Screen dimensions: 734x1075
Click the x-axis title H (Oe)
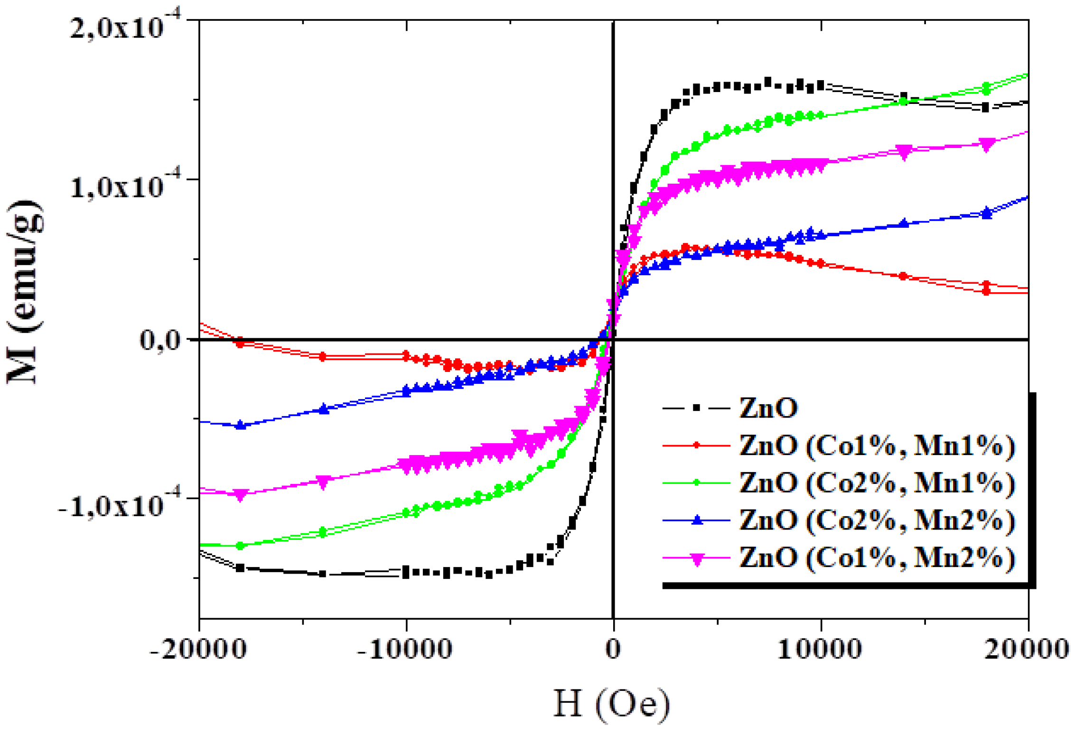pos(612,704)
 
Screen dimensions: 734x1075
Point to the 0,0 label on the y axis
pos(160,340)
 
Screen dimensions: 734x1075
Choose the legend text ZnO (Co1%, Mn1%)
pos(877,446)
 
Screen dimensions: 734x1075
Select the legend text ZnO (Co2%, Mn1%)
pos(877,483)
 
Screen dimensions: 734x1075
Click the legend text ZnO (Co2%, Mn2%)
pos(877,520)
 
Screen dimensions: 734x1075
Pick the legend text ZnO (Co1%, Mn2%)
pos(877,557)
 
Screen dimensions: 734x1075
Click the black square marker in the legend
pos(696,408)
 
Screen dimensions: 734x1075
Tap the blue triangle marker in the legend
pos(696,520)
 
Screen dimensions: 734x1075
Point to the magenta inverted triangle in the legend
pos(696,560)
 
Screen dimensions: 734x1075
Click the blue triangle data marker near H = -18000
pos(241,425)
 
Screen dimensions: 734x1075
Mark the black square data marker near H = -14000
pos(323,574)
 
